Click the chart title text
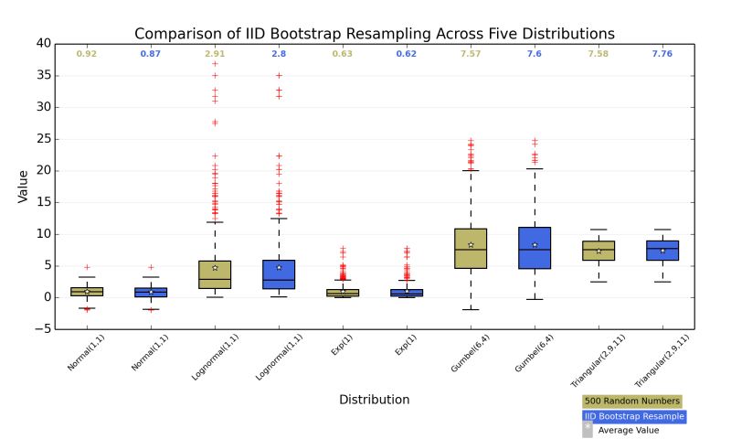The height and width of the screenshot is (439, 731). coord(375,34)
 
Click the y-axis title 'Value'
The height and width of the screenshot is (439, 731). coord(24,187)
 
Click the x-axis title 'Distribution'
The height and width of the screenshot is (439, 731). coord(374,400)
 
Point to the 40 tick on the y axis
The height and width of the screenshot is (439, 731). coord(44,43)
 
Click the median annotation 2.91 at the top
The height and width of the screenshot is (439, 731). coord(215,55)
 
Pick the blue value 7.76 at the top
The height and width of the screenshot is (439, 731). coord(662,55)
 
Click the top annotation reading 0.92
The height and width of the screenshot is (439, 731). coord(87,55)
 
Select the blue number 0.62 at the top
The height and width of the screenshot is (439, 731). coord(407,55)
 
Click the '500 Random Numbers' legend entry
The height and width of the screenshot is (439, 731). coord(632,401)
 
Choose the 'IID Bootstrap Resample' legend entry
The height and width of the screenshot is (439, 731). coord(634,416)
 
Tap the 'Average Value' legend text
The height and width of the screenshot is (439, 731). coord(629,430)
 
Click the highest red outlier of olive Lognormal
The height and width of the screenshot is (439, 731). coord(215,64)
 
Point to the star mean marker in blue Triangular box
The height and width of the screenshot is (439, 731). coord(662,250)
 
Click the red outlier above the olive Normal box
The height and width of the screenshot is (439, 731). coord(87,267)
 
